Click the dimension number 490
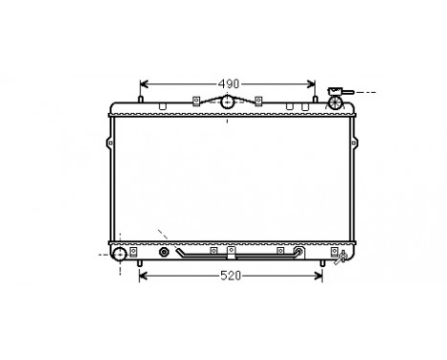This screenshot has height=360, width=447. (x=228, y=82)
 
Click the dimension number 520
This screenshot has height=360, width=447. (x=228, y=276)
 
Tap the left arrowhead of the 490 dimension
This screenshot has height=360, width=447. (x=145, y=82)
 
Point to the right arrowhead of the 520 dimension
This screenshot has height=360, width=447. (x=320, y=276)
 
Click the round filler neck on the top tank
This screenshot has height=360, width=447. (x=228, y=103)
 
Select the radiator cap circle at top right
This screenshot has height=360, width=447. (x=335, y=101)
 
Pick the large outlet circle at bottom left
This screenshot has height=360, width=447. (x=120, y=255)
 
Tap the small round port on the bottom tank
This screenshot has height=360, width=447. (x=165, y=254)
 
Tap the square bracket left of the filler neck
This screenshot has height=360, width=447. (x=195, y=100)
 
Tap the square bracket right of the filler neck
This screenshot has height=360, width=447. (x=258, y=100)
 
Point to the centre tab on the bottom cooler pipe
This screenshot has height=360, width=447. (x=230, y=255)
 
